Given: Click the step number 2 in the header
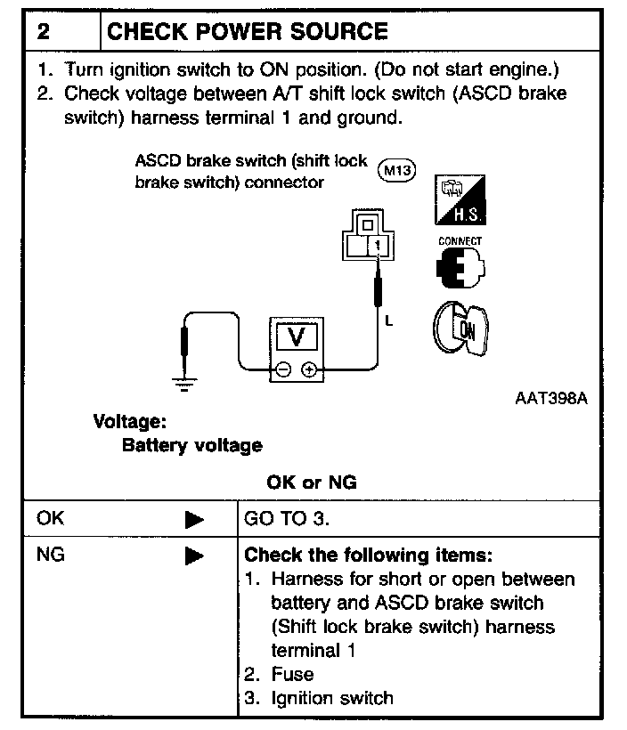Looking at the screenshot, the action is click(44, 32).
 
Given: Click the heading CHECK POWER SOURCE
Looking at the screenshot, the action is click(248, 32).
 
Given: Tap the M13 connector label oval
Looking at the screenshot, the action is click(396, 170).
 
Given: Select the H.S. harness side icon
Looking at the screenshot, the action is click(460, 200).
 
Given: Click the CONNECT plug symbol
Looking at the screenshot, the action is click(460, 267).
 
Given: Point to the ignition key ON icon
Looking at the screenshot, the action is click(460, 328).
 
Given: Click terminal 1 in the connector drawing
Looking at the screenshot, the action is click(378, 245).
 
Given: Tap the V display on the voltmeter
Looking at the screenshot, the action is click(297, 337).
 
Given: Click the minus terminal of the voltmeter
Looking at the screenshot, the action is click(283, 369).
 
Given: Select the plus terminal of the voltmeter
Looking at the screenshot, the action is click(309, 369).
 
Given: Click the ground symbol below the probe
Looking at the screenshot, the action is click(184, 385).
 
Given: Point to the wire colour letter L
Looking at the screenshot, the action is click(389, 320).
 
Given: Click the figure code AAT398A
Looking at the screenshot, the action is click(551, 399).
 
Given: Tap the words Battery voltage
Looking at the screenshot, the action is click(191, 445).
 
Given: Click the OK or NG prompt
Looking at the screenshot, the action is click(312, 483).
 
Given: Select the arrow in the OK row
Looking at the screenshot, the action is click(194, 520).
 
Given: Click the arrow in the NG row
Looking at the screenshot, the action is click(194, 556).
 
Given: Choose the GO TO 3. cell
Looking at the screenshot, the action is click(287, 519).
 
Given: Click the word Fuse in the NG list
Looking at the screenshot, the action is click(292, 674).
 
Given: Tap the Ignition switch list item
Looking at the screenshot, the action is click(332, 698).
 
